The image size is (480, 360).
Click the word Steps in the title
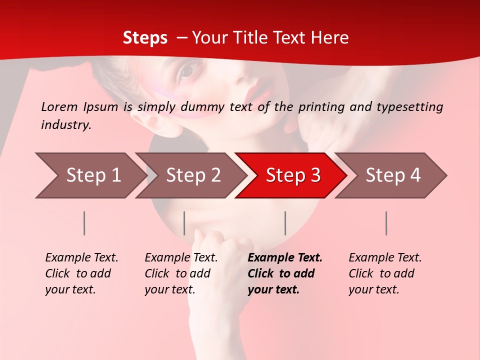(145, 38)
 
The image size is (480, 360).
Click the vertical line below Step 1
(84, 223)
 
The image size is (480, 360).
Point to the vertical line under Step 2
(184, 223)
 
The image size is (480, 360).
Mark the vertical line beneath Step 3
(285, 223)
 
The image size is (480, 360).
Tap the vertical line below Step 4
(386, 223)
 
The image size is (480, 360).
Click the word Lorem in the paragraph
(59, 106)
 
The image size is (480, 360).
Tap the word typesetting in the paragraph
(413, 106)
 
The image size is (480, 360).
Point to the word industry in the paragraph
(65, 124)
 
